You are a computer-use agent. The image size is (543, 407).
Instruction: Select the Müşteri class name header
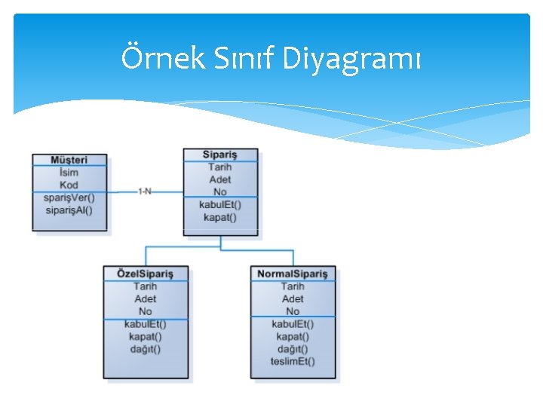click(69, 160)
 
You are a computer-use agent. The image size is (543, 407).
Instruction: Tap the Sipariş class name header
click(220, 155)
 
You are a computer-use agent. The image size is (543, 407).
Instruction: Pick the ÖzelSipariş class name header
click(146, 274)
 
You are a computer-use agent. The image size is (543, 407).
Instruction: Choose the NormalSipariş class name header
click(293, 274)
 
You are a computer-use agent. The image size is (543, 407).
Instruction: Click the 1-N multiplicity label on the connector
click(145, 191)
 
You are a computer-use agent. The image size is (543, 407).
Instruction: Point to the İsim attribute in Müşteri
click(69, 173)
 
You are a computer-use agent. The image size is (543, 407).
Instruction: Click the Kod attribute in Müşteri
click(69, 185)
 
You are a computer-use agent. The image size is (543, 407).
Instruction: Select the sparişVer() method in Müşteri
click(69, 197)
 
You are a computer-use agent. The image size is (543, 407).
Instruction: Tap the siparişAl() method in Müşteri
click(69, 210)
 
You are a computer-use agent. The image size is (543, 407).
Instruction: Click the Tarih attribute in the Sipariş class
click(220, 167)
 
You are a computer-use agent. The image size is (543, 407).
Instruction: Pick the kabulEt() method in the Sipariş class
click(220, 205)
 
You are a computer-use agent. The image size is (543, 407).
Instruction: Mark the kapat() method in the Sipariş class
click(220, 217)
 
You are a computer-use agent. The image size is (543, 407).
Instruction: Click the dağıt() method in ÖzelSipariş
click(145, 348)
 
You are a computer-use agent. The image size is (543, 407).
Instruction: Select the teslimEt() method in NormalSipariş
click(293, 361)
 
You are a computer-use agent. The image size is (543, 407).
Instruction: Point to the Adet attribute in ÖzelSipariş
click(145, 299)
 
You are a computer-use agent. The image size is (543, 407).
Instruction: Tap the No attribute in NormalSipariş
click(293, 311)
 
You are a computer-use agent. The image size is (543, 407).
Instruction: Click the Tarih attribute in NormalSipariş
click(293, 286)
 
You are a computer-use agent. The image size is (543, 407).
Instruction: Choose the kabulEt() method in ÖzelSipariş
click(145, 324)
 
